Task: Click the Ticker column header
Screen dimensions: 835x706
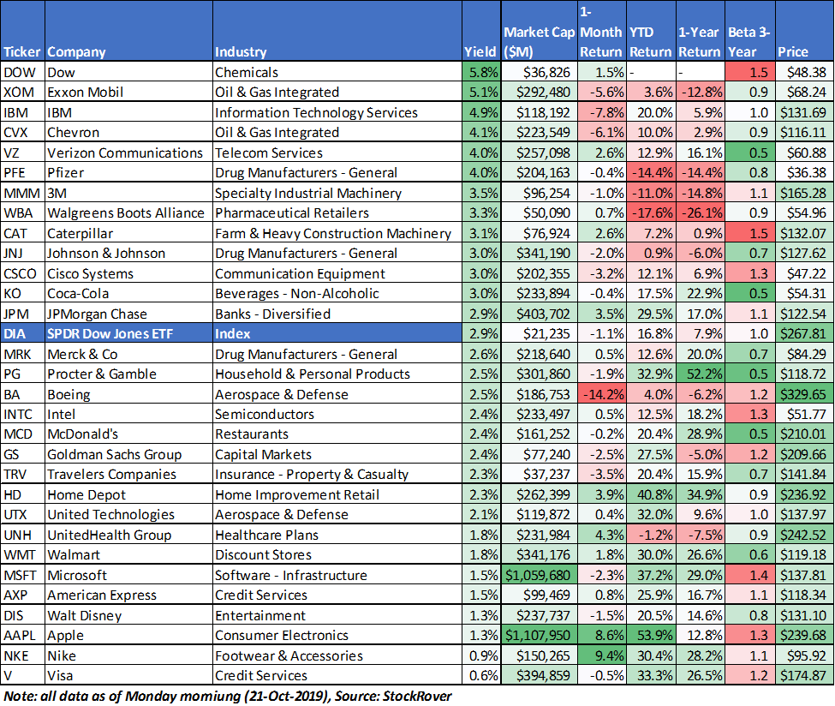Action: (x=21, y=51)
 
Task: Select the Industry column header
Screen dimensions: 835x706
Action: (x=241, y=51)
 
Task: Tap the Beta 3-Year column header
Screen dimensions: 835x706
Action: (x=749, y=42)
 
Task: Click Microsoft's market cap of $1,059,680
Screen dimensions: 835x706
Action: (x=538, y=575)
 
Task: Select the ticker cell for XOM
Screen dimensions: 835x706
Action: (x=22, y=93)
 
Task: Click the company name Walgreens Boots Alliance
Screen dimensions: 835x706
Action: (x=126, y=213)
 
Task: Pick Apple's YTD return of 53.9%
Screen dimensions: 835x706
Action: (x=651, y=635)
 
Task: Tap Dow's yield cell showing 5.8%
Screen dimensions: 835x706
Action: (x=481, y=72)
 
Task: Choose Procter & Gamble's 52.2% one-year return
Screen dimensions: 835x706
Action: (x=701, y=374)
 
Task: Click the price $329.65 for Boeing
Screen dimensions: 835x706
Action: (x=804, y=394)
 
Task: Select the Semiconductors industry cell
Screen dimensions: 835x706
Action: (x=265, y=414)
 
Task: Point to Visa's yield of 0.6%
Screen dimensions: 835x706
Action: (x=481, y=676)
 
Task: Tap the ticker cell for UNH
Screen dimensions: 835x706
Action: (x=22, y=535)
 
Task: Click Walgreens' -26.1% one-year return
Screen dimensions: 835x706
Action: (x=701, y=213)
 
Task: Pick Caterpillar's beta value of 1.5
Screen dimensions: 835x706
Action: (x=750, y=233)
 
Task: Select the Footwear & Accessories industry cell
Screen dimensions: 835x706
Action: (x=289, y=655)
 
